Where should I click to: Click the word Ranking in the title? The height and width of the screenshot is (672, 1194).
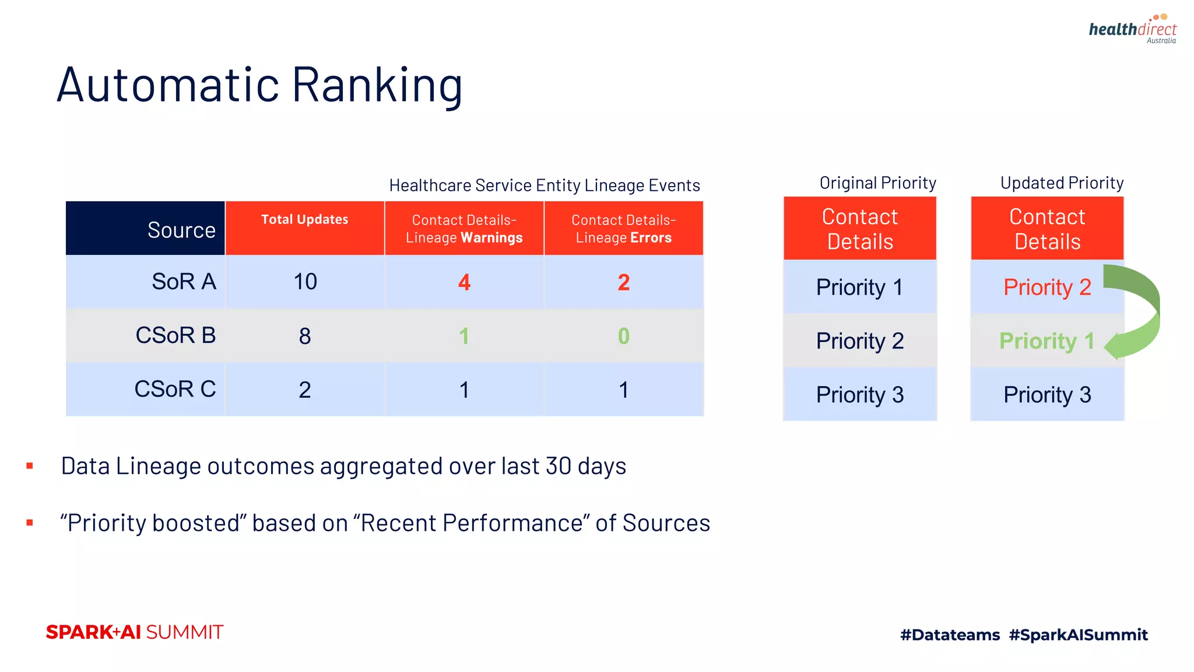(377, 85)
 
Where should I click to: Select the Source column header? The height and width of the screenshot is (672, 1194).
(181, 230)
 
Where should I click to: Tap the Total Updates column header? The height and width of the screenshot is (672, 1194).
(304, 220)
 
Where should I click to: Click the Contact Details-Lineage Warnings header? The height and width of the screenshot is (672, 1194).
(464, 229)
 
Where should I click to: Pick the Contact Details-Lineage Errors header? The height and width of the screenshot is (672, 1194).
(623, 229)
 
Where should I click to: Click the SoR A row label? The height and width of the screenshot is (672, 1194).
(184, 282)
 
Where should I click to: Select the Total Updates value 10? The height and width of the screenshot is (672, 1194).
(305, 282)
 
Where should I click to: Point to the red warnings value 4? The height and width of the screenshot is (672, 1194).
(464, 282)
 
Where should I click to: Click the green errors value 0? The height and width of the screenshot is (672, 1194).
(623, 336)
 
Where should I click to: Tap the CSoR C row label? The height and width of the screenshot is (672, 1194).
(175, 389)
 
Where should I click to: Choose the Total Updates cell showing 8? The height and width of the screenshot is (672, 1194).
(305, 336)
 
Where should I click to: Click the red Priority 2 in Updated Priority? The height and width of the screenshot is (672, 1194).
(1046, 287)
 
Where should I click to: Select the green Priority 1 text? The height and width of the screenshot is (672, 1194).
(1046, 341)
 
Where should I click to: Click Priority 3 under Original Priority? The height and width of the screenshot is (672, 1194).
(859, 395)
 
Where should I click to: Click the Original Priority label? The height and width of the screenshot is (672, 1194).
(877, 183)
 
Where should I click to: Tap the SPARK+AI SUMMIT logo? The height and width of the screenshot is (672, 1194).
(135, 632)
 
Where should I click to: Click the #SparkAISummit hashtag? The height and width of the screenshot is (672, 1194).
(1078, 635)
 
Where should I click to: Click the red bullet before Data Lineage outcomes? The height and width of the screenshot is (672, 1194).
(30, 466)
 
